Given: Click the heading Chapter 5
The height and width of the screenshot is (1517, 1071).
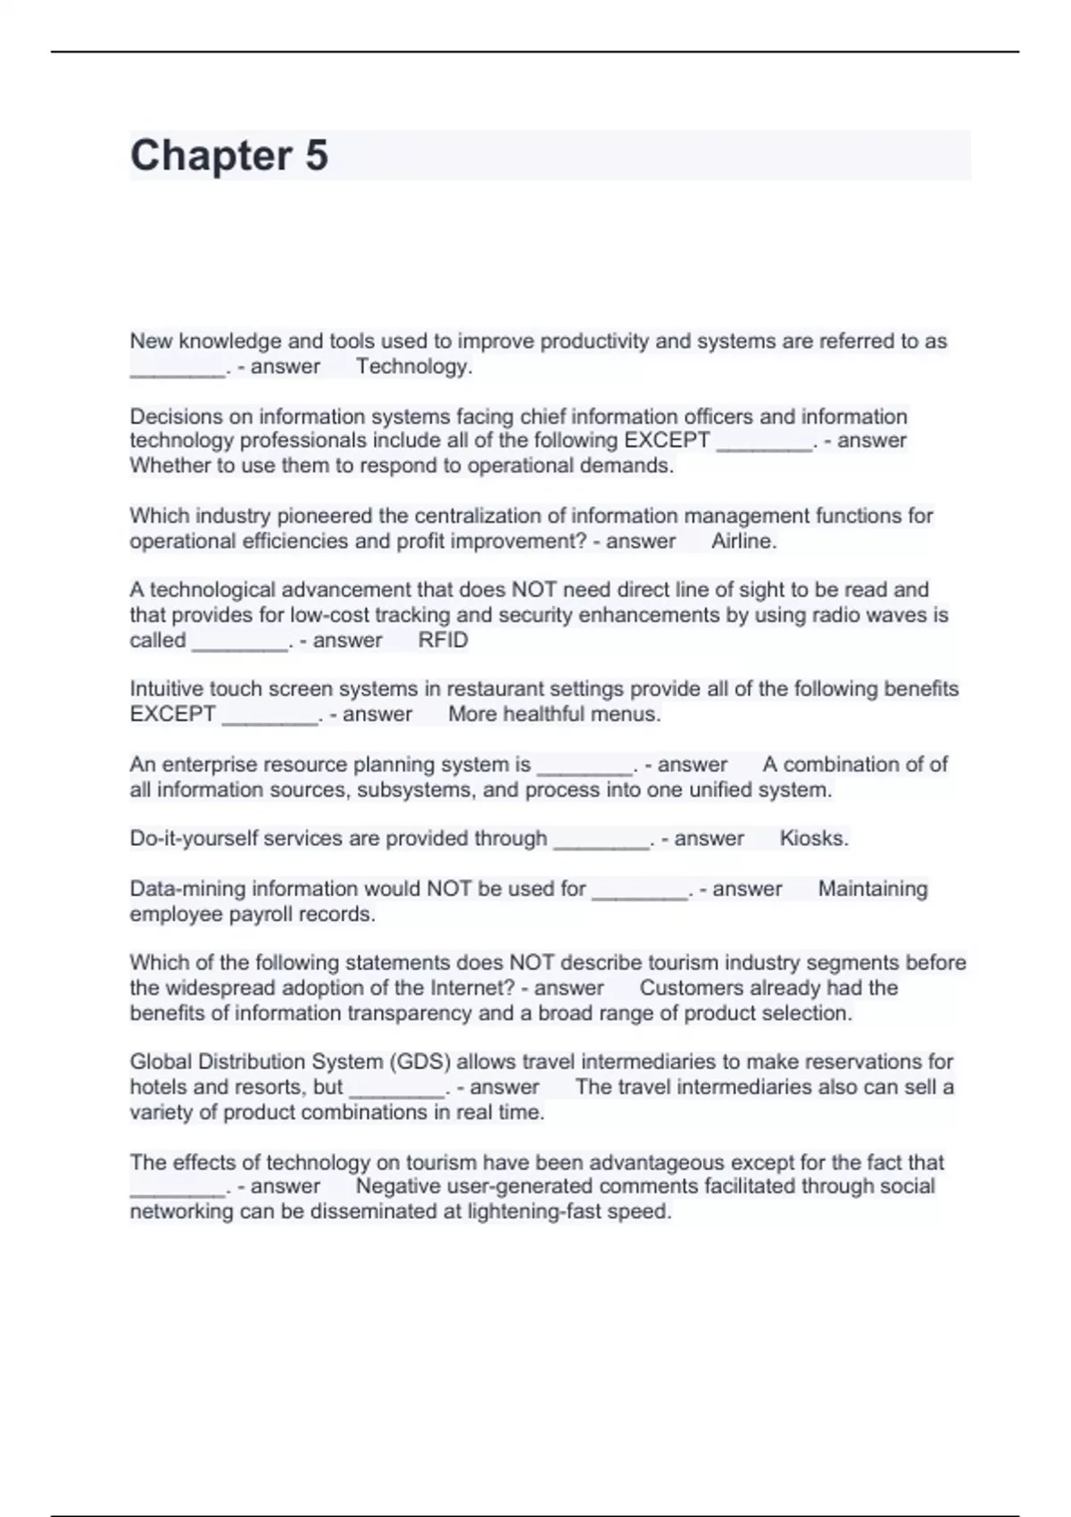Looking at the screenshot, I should point(229,155).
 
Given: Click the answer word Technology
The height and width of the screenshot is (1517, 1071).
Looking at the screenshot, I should point(414,366).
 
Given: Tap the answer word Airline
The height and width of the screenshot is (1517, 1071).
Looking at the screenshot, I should point(743,541).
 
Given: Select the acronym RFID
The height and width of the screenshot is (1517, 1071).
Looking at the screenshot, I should point(443,640).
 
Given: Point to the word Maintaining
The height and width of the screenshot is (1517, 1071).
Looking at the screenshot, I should point(873,889).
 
